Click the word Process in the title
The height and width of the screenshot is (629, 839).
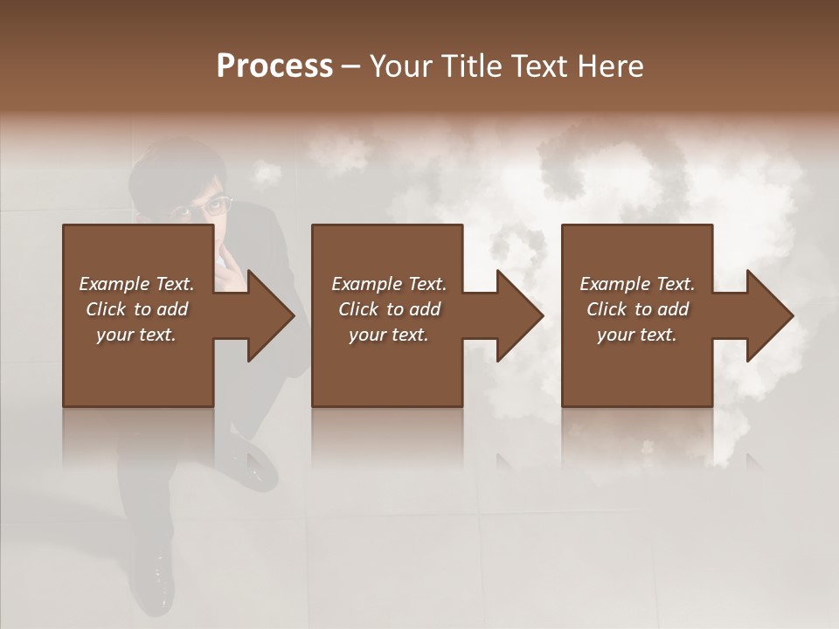click(274, 66)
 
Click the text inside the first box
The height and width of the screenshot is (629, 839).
click(136, 309)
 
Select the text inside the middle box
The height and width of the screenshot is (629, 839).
click(388, 309)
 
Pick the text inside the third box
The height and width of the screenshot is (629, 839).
click(637, 309)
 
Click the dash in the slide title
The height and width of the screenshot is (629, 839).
click(350, 66)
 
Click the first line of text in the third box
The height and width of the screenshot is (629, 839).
click(637, 284)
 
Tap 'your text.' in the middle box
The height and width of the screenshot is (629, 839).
click(388, 335)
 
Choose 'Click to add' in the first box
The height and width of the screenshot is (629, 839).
click(136, 309)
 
